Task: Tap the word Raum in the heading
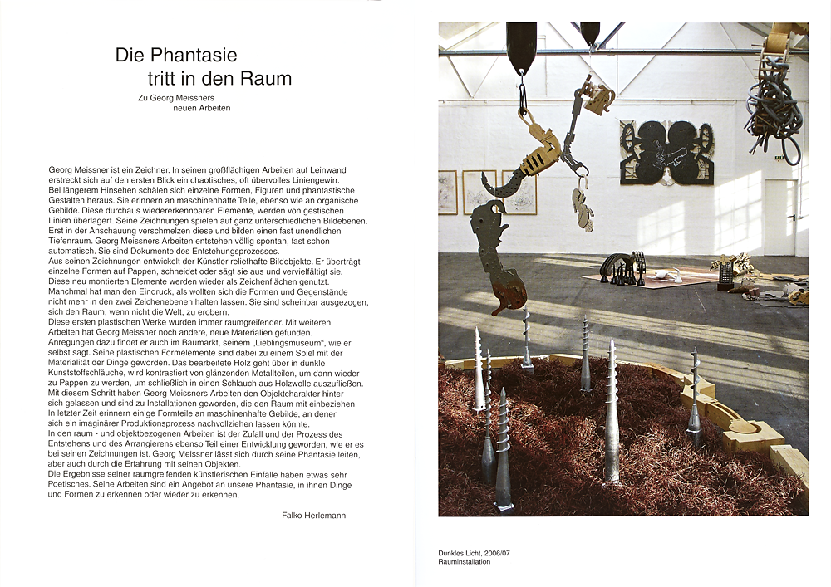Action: pyautogui.click(x=268, y=80)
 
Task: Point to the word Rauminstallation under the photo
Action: pyautogui.click(x=465, y=562)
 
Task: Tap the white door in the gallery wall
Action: pyautogui.click(x=780, y=218)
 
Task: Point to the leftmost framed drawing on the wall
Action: pyautogui.click(x=448, y=192)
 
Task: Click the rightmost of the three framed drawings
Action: pyautogui.click(x=519, y=192)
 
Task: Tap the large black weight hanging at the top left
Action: pyautogui.click(x=521, y=47)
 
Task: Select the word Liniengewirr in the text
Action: pyautogui.click(x=312, y=179)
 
